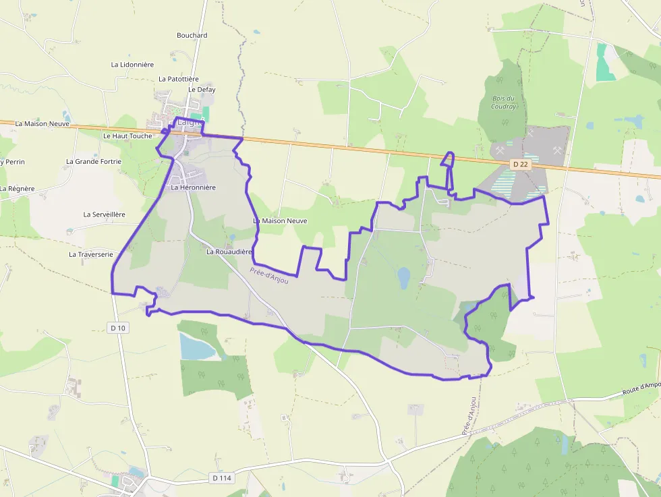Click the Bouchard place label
click(x=192, y=35)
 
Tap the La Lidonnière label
click(x=132, y=65)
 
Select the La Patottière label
click(x=179, y=79)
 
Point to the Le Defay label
click(x=202, y=90)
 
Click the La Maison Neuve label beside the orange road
click(x=42, y=124)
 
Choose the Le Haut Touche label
click(x=127, y=136)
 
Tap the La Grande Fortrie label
click(x=94, y=162)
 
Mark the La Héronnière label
click(x=193, y=187)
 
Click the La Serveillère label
click(x=105, y=214)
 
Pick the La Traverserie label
click(x=91, y=255)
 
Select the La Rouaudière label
click(x=229, y=252)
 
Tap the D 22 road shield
click(x=519, y=164)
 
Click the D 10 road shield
click(x=117, y=328)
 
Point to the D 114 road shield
click(x=221, y=478)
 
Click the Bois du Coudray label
click(x=503, y=103)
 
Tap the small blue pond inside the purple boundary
click(x=403, y=276)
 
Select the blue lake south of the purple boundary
click(x=196, y=347)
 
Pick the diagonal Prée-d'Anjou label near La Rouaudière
click(x=269, y=275)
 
